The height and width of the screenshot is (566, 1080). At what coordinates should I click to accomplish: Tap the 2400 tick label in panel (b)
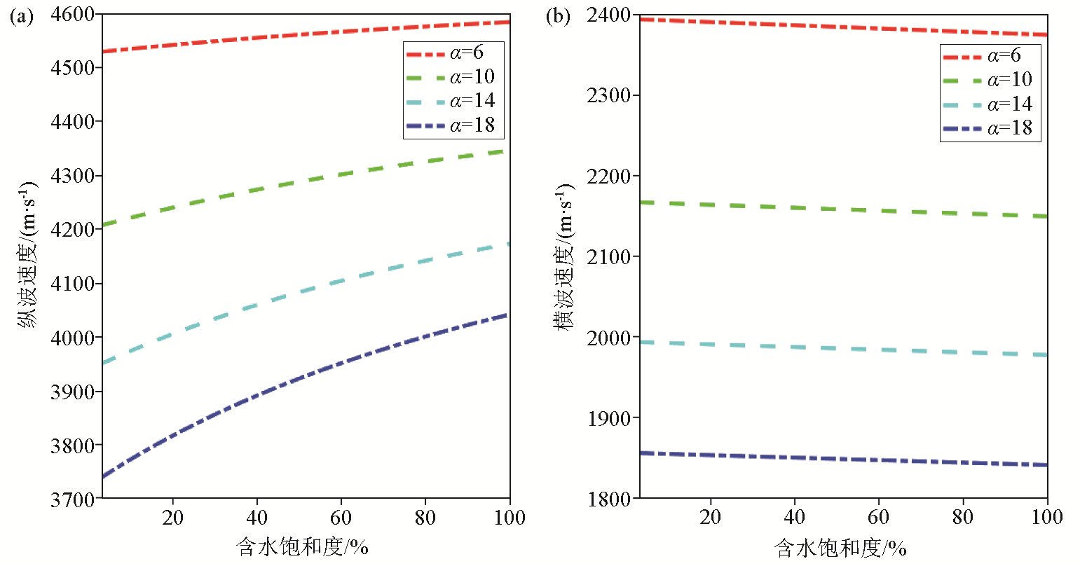608,15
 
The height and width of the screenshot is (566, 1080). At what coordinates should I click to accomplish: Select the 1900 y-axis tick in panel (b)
608,418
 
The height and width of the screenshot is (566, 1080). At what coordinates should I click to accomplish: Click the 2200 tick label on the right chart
608,176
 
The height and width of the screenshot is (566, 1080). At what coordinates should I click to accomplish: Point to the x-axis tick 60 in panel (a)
341,518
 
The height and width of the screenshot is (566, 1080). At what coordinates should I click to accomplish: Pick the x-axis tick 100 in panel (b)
1047,518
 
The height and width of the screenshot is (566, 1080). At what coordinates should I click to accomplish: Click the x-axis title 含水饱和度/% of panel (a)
303,547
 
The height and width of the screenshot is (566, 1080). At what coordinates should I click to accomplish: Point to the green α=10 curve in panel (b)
841,209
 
